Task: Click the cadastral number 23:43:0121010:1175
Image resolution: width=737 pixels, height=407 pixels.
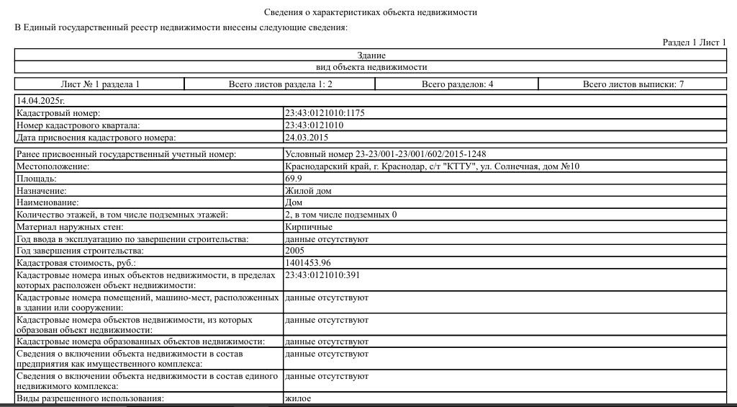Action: (x=325, y=113)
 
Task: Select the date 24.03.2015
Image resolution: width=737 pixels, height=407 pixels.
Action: (x=306, y=137)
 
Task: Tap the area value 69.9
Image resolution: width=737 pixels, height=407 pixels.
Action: (x=294, y=179)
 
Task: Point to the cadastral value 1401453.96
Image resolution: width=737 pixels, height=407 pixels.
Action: (x=307, y=263)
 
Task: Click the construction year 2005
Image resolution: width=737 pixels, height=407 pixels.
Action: (x=295, y=251)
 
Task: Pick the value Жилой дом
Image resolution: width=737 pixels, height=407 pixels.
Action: (x=308, y=191)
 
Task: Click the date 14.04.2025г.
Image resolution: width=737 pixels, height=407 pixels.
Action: (x=40, y=101)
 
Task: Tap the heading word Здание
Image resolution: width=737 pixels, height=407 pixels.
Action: (x=371, y=55)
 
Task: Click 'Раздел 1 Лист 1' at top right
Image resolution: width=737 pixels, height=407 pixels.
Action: (x=694, y=43)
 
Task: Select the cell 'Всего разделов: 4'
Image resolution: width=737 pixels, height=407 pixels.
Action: (x=457, y=84)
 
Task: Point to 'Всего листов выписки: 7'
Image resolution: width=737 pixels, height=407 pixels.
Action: (x=633, y=84)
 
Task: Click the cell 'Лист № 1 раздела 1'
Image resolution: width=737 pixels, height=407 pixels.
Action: (x=100, y=84)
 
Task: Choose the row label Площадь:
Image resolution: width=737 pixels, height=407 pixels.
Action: (x=36, y=179)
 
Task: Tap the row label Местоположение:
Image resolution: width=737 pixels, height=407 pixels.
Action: (x=53, y=166)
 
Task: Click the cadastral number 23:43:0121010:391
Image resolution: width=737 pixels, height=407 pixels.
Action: (x=322, y=275)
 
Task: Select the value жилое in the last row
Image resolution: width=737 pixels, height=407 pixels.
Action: (x=298, y=398)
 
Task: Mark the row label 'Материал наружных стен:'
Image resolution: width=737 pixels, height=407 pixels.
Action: (x=65, y=227)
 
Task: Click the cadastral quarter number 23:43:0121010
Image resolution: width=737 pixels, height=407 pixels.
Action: (x=314, y=125)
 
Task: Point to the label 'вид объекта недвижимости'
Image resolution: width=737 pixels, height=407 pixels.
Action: (x=371, y=67)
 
